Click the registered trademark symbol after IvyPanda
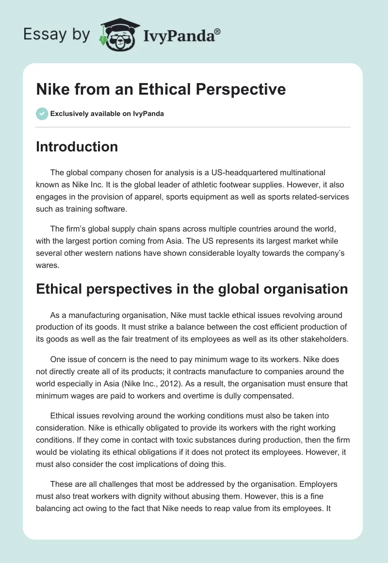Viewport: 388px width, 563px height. coord(218,31)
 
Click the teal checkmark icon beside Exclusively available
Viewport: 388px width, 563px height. coord(42,114)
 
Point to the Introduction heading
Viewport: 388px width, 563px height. coord(77,147)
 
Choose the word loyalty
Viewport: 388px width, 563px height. coord(240,252)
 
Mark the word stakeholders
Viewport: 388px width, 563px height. coord(324,339)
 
